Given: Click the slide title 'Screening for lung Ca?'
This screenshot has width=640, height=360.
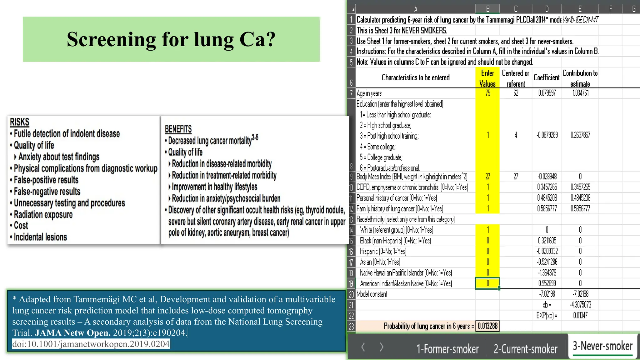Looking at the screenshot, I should (x=171, y=39).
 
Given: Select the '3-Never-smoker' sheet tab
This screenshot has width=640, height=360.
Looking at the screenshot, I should (x=602, y=346).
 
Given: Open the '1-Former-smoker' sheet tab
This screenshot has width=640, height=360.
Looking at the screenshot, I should (x=447, y=349).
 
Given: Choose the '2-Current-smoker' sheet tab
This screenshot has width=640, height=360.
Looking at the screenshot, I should (x=525, y=349).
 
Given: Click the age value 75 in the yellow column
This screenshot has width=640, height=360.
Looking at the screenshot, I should (x=487, y=93).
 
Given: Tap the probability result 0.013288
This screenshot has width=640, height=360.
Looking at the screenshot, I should (x=487, y=326).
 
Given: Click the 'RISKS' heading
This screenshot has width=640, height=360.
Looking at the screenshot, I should (x=19, y=122).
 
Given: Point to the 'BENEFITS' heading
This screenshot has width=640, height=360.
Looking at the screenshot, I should (x=178, y=129).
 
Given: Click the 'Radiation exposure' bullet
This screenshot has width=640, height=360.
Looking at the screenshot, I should (x=43, y=214).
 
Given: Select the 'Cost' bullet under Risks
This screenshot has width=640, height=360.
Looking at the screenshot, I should (x=21, y=225).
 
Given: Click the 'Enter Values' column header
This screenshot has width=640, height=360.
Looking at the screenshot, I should (x=487, y=78).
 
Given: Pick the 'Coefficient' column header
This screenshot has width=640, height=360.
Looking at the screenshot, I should (x=547, y=77).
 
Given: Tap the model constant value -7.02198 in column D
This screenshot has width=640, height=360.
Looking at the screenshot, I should (x=547, y=294).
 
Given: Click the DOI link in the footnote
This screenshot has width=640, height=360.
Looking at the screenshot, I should (x=91, y=344).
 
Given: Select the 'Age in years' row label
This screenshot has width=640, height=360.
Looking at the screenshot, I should (x=369, y=93).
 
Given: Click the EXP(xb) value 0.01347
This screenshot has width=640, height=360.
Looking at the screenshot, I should (x=580, y=315).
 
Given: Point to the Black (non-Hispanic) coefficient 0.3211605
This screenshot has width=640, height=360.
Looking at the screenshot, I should (x=547, y=240).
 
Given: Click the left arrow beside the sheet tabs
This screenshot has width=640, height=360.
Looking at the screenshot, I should (x=363, y=347).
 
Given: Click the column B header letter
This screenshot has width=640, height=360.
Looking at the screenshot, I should (x=487, y=9).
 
